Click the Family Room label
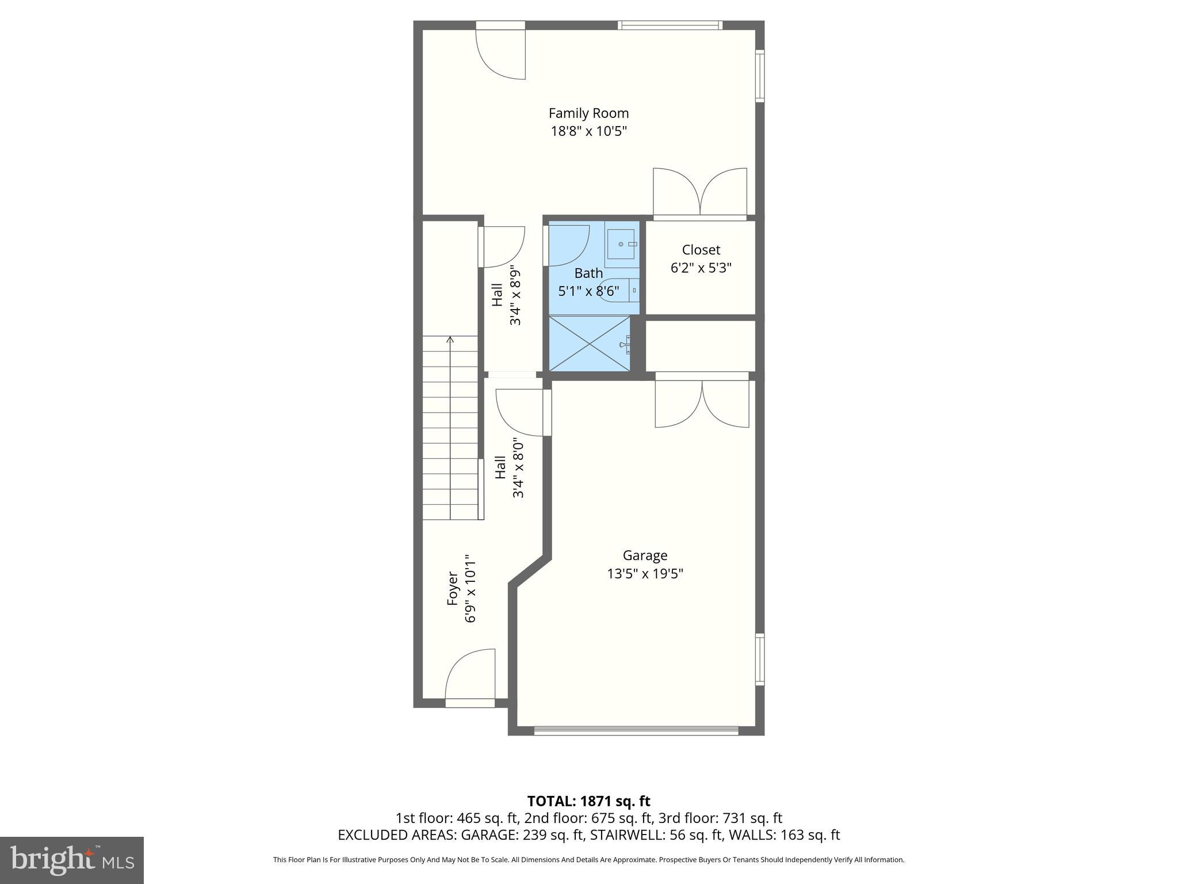coord(588,113)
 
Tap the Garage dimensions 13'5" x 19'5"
coord(645,574)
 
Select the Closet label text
coord(701,250)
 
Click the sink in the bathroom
coord(621,244)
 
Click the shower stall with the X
coord(589,344)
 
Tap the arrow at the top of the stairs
coord(450,340)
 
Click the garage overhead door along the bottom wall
coord(636,730)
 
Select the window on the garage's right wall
coord(760,659)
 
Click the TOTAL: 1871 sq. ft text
coord(588,801)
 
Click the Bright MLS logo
coord(72,860)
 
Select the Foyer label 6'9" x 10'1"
coord(462,589)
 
